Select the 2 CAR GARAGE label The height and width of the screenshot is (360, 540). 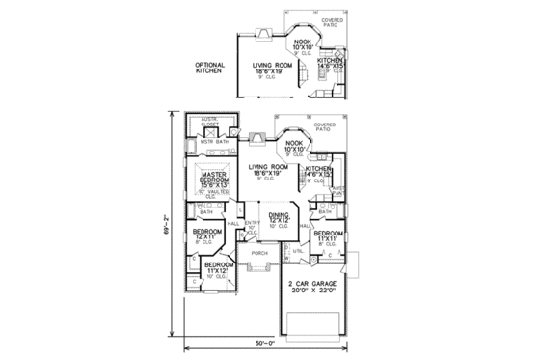tap(310, 286)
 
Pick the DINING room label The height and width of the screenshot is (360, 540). tap(279, 217)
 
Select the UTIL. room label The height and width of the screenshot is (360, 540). tap(298, 251)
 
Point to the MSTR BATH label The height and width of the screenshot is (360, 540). tap(212, 142)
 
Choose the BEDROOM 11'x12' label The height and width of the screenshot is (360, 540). tap(219, 266)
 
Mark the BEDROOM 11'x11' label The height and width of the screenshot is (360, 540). tap(328, 235)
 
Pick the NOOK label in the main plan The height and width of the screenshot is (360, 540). tap(293, 146)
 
